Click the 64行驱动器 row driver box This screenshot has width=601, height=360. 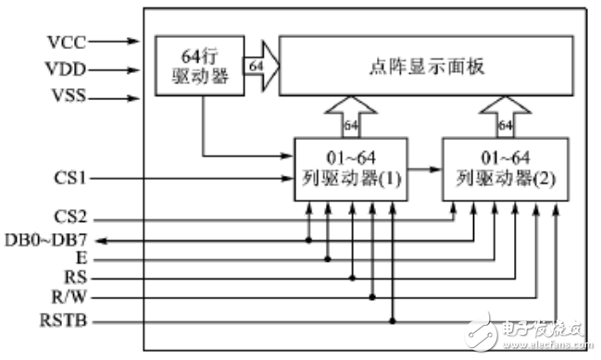(198, 66)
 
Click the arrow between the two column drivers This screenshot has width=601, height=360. (422, 170)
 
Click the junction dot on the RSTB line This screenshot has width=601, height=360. (394, 321)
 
